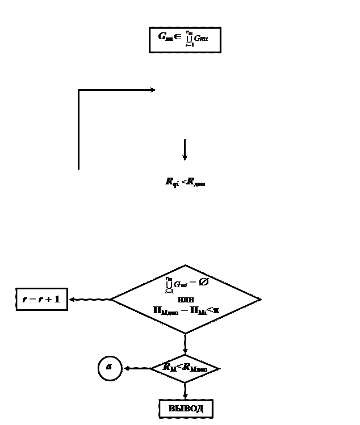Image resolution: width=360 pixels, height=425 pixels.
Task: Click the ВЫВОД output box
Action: point(186,409)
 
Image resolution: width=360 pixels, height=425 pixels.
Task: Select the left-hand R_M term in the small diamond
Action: point(169,368)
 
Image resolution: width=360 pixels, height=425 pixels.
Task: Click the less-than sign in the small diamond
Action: point(179,367)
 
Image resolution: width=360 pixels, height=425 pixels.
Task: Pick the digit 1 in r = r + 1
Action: point(57,299)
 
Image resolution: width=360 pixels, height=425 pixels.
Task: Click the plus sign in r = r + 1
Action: point(49,299)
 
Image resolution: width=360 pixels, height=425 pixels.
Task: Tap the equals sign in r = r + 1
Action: point(32,299)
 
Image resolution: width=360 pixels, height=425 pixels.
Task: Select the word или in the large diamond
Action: point(186,298)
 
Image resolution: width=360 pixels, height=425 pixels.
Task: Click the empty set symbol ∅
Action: point(203,282)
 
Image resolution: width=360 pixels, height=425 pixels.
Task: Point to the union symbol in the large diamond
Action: point(169,283)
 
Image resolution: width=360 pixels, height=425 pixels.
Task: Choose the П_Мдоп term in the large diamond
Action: point(165,310)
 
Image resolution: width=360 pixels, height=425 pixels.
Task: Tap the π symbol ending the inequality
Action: point(216,310)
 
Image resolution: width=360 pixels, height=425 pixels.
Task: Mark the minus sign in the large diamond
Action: point(183,310)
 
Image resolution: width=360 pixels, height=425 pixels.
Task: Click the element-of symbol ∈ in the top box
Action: point(178,37)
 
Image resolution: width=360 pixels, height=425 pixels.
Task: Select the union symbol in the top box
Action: point(189,38)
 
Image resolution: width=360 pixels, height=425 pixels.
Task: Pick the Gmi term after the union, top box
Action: point(202,38)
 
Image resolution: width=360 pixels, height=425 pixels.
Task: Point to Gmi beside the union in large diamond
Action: point(181,284)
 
